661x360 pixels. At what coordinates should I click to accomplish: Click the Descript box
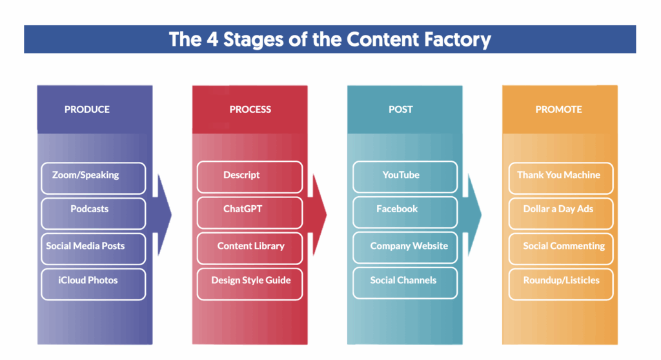pos(249,177)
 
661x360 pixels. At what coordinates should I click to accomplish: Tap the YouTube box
pos(405,177)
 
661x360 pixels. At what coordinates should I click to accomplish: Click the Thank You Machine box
pos(560,177)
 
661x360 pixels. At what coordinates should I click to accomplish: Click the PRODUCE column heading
pos(87,110)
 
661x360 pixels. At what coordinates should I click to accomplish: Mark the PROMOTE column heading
pos(559,110)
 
